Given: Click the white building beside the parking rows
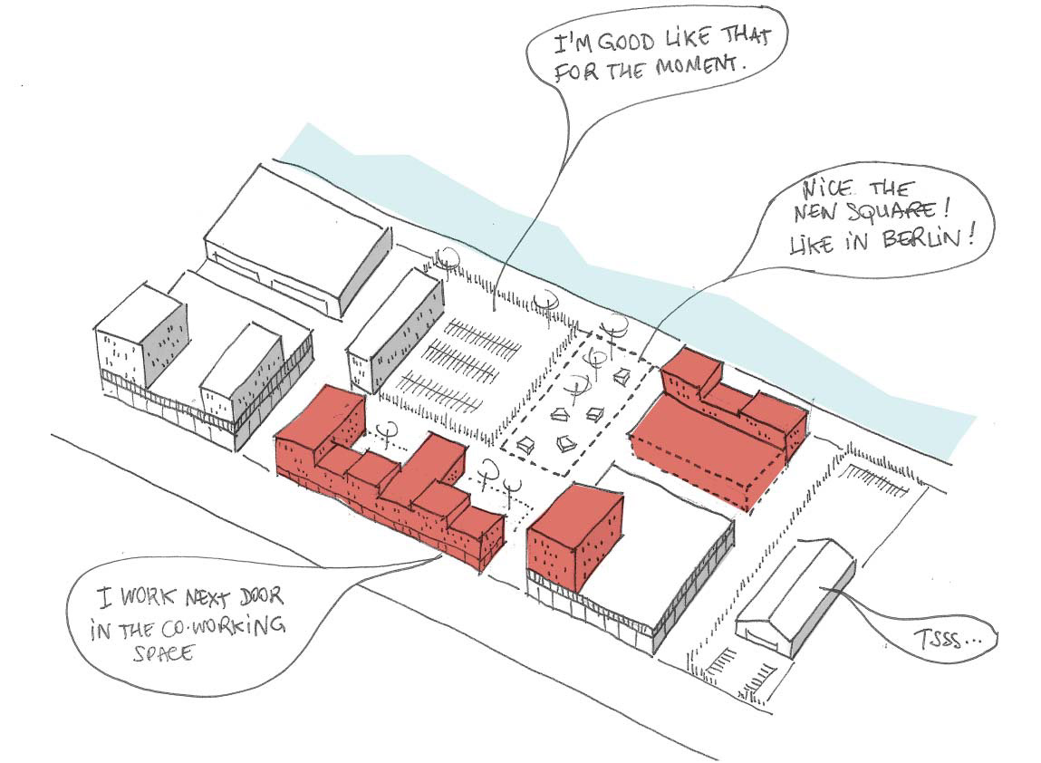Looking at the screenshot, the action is click(x=394, y=331).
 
